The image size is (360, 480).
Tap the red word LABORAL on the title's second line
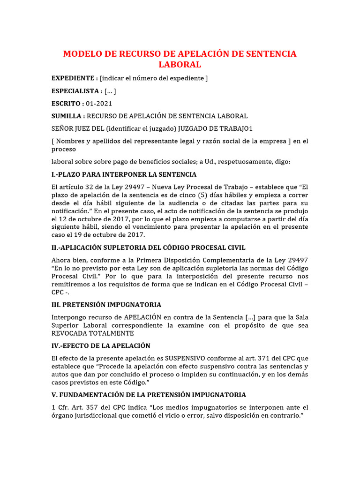click(x=180, y=65)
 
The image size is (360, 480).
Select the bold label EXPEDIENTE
click(x=73, y=78)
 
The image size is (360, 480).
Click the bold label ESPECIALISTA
click(x=75, y=91)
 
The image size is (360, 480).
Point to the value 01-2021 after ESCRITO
click(x=99, y=104)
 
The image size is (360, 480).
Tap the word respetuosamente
click(x=245, y=162)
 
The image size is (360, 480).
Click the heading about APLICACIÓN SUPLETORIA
click(x=148, y=247)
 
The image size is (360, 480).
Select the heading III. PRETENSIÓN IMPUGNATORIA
click(x=106, y=305)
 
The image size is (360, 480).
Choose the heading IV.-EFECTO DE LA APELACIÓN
click(x=101, y=345)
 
